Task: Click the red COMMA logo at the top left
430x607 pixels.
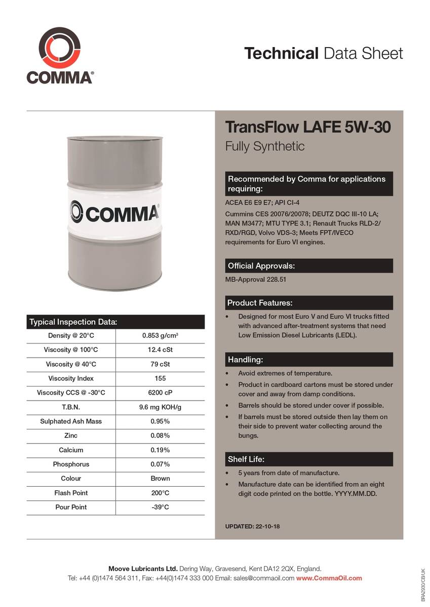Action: pyautogui.click(x=59, y=50)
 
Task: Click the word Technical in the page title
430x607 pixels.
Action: pyautogui.click(x=281, y=53)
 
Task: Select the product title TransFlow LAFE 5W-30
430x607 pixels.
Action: pyautogui.click(x=308, y=127)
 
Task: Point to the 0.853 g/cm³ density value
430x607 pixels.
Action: pyautogui.click(x=160, y=336)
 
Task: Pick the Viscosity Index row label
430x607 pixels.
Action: pyautogui.click(x=71, y=378)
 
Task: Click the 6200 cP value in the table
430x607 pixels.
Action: pyautogui.click(x=160, y=393)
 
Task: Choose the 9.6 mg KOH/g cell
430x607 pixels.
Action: pyautogui.click(x=160, y=407)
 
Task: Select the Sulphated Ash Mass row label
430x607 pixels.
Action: pyautogui.click(x=71, y=421)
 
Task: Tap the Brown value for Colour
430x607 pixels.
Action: pyautogui.click(x=160, y=479)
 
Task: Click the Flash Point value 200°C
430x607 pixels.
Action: pyautogui.click(x=160, y=493)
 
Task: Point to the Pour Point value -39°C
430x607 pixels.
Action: pyautogui.click(x=160, y=507)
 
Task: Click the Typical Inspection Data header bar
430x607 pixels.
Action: pyautogui.click(x=115, y=322)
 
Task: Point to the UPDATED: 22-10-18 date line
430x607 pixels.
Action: pyautogui.click(x=252, y=527)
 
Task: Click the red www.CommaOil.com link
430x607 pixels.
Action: pyautogui.click(x=329, y=578)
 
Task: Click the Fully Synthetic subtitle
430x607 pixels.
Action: pyautogui.click(x=265, y=147)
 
